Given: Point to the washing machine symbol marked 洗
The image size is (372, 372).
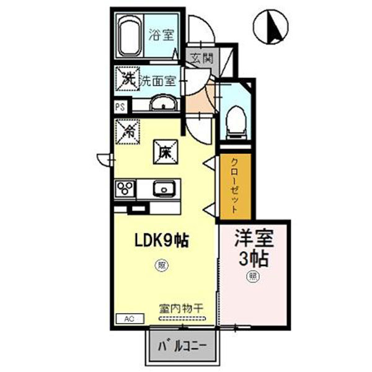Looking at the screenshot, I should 127,79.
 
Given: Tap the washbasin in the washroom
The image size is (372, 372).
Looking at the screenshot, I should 163,103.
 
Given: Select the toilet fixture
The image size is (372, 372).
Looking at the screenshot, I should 236,120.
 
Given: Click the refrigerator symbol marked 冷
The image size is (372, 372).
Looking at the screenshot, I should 129,130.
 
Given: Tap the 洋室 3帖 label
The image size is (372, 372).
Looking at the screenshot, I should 254,248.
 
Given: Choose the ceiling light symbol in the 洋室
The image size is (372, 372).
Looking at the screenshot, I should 254,275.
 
